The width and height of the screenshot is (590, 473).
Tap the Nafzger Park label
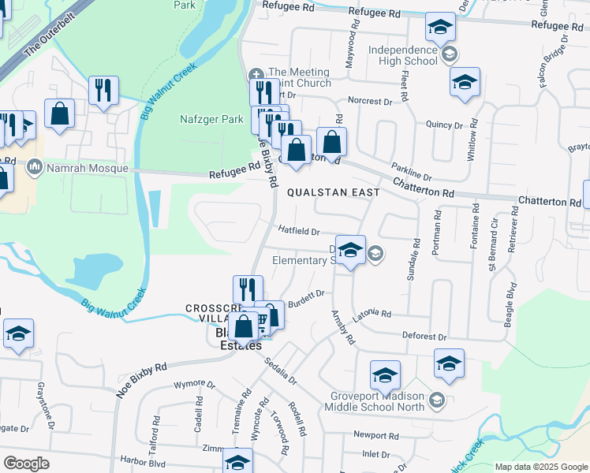(x=208, y=120)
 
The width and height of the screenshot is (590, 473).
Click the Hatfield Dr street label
(x=298, y=232)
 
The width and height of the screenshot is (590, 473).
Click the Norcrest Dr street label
(x=370, y=102)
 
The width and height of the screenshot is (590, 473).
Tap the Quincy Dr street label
(x=444, y=125)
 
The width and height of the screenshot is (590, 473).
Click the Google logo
(x=26, y=463)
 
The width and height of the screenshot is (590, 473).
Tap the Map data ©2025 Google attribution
(x=540, y=467)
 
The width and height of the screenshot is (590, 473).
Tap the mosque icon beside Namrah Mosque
(x=35, y=168)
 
